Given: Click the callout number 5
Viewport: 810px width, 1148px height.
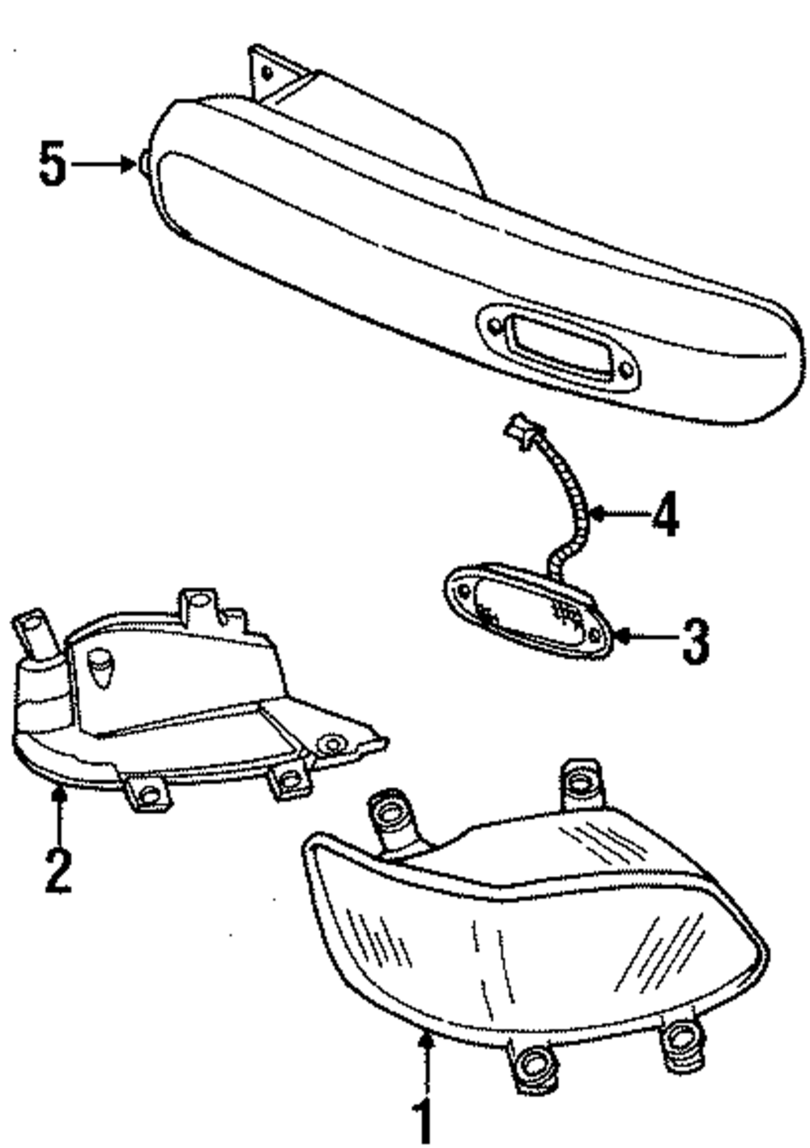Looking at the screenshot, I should click(53, 164).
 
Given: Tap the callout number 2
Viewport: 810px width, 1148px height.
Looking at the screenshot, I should click(58, 870).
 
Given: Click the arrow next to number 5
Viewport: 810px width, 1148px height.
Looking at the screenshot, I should click(104, 164).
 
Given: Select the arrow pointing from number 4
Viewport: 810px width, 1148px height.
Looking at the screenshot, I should click(620, 512).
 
